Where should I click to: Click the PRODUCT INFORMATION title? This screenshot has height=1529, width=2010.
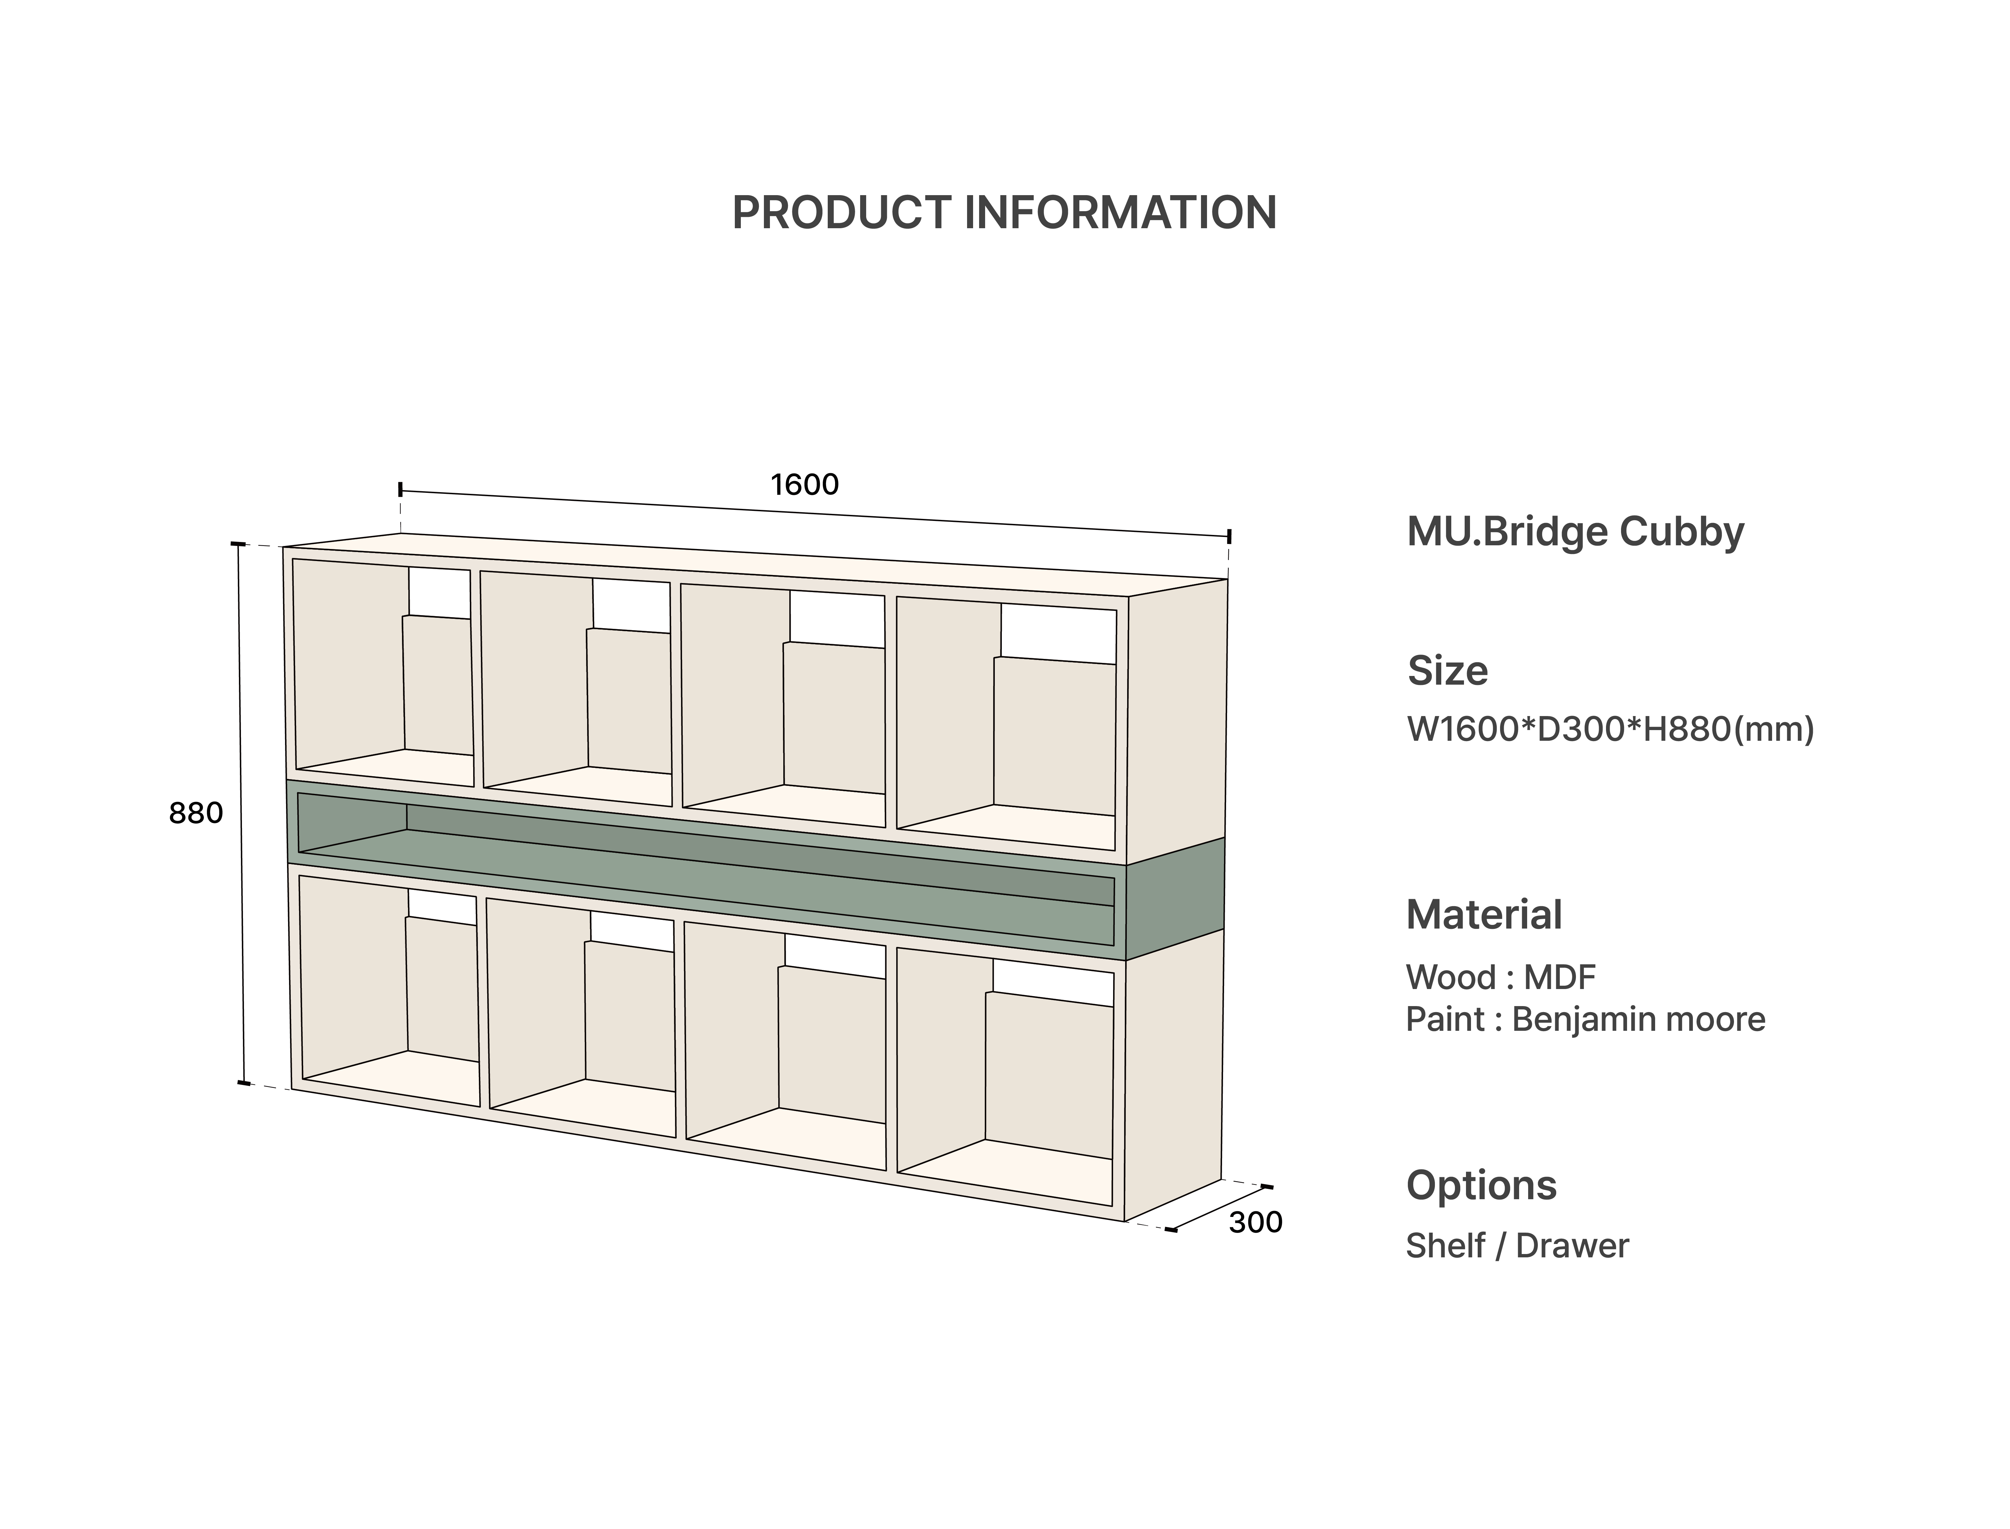click(x=1004, y=213)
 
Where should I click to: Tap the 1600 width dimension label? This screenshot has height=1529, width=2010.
click(x=805, y=484)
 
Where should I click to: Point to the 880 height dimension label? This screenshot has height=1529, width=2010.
click(x=196, y=813)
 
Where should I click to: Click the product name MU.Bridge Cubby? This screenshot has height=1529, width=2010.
click(x=1575, y=532)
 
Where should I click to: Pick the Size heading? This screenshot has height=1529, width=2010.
click(x=1447, y=671)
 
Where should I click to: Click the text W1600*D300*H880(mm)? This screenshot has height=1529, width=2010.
click(x=1609, y=729)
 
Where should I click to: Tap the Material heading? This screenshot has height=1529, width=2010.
click(x=1484, y=915)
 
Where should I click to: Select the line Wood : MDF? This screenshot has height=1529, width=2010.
click(x=1500, y=977)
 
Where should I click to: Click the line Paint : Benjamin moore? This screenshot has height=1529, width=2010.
click(x=1585, y=1019)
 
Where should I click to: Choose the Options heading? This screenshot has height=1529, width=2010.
click(x=1481, y=1185)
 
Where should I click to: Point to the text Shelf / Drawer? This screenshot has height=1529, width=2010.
click(x=1516, y=1246)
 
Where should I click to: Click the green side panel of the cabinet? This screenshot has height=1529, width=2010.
click(x=1174, y=898)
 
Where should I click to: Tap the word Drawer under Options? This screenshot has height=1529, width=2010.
click(x=1572, y=1246)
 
